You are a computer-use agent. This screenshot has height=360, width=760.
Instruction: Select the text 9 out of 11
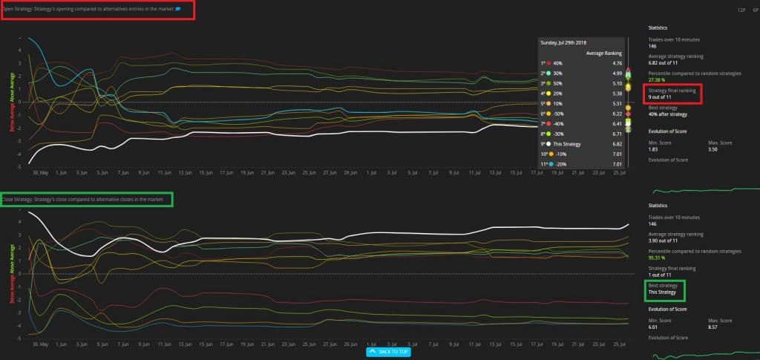(661, 96)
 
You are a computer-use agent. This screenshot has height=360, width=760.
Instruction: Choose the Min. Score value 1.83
(653, 149)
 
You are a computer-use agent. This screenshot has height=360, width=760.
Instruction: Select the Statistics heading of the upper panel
(658, 27)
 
